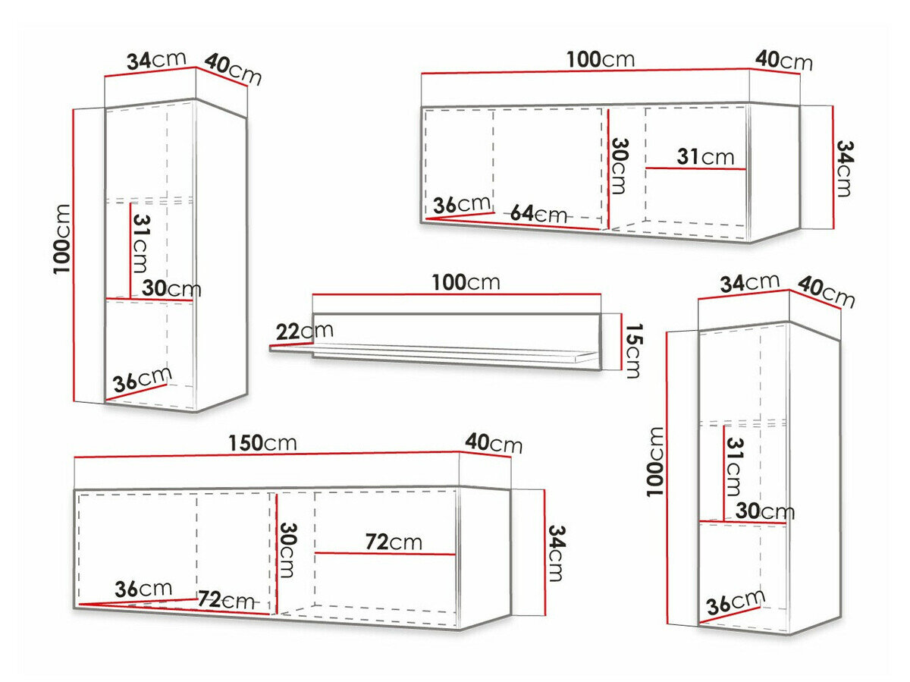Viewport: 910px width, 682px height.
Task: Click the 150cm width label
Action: pyautogui.click(x=262, y=443)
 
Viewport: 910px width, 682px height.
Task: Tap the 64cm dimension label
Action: pyautogui.click(x=538, y=214)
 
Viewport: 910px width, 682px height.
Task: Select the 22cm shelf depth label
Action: pyautogui.click(x=304, y=331)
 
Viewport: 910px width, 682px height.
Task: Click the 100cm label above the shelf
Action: pyautogui.click(x=466, y=282)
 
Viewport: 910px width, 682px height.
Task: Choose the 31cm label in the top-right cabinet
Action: pyautogui.click(x=705, y=157)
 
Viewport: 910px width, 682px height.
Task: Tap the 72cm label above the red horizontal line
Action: pyautogui.click(x=394, y=542)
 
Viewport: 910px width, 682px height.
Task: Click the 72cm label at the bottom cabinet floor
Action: pyautogui.click(x=226, y=599)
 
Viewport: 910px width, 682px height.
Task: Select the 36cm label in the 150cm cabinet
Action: pyautogui.click(x=143, y=589)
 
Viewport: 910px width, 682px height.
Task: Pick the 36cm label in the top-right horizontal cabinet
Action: pyautogui.click(x=461, y=204)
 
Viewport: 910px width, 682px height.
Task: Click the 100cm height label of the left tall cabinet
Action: pyautogui.click(x=61, y=239)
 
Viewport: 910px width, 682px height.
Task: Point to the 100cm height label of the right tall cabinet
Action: pyautogui.click(x=655, y=461)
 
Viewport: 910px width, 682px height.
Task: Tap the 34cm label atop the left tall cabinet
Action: pyautogui.click(x=156, y=61)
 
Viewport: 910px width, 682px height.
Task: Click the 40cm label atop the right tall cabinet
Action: pyautogui.click(x=826, y=292)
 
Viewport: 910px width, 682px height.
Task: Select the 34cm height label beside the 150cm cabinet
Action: pyautogui.click(x=557, y=553)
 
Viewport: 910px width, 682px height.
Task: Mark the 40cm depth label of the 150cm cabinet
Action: pyautogui.click(x=494, y=443)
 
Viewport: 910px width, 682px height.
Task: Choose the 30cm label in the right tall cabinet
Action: pyautogui.click(x=765, y=511)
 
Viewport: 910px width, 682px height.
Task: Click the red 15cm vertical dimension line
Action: pyautogui.click(x=621, y=341)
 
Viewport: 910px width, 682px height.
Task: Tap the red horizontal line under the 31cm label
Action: pyautogui.click(x=695, y=168)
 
